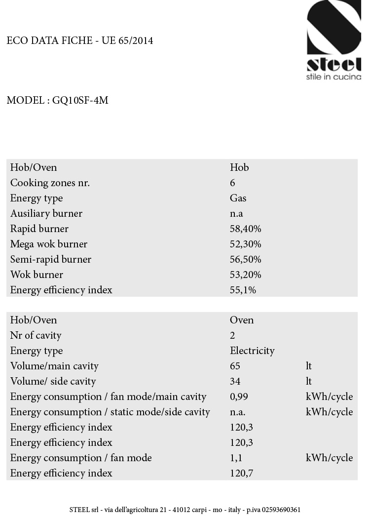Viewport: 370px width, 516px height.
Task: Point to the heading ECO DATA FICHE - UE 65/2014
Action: click(80, 41)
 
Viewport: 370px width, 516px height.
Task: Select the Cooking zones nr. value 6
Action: click(232, 183)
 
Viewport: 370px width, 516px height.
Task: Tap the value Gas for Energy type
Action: click(238, 198)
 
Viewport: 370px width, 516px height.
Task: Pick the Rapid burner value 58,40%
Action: click(245, 229)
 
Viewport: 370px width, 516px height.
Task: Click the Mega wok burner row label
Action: click(48, 244)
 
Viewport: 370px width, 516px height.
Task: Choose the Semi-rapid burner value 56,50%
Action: click(245, 259)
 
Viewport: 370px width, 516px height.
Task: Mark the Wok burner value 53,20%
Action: click(245, 275)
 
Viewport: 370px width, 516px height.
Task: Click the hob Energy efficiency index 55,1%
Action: click(243, 290)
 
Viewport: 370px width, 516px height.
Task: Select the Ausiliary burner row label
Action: click(46, 213)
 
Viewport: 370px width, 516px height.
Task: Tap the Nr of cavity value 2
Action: click(232, 335)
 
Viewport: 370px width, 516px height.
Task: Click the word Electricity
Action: click(252, 351)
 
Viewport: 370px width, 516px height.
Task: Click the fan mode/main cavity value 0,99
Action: click(239, 397)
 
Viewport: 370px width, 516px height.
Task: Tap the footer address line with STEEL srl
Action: click(185, 510)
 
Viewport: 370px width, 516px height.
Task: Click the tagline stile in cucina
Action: click(333, 77)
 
